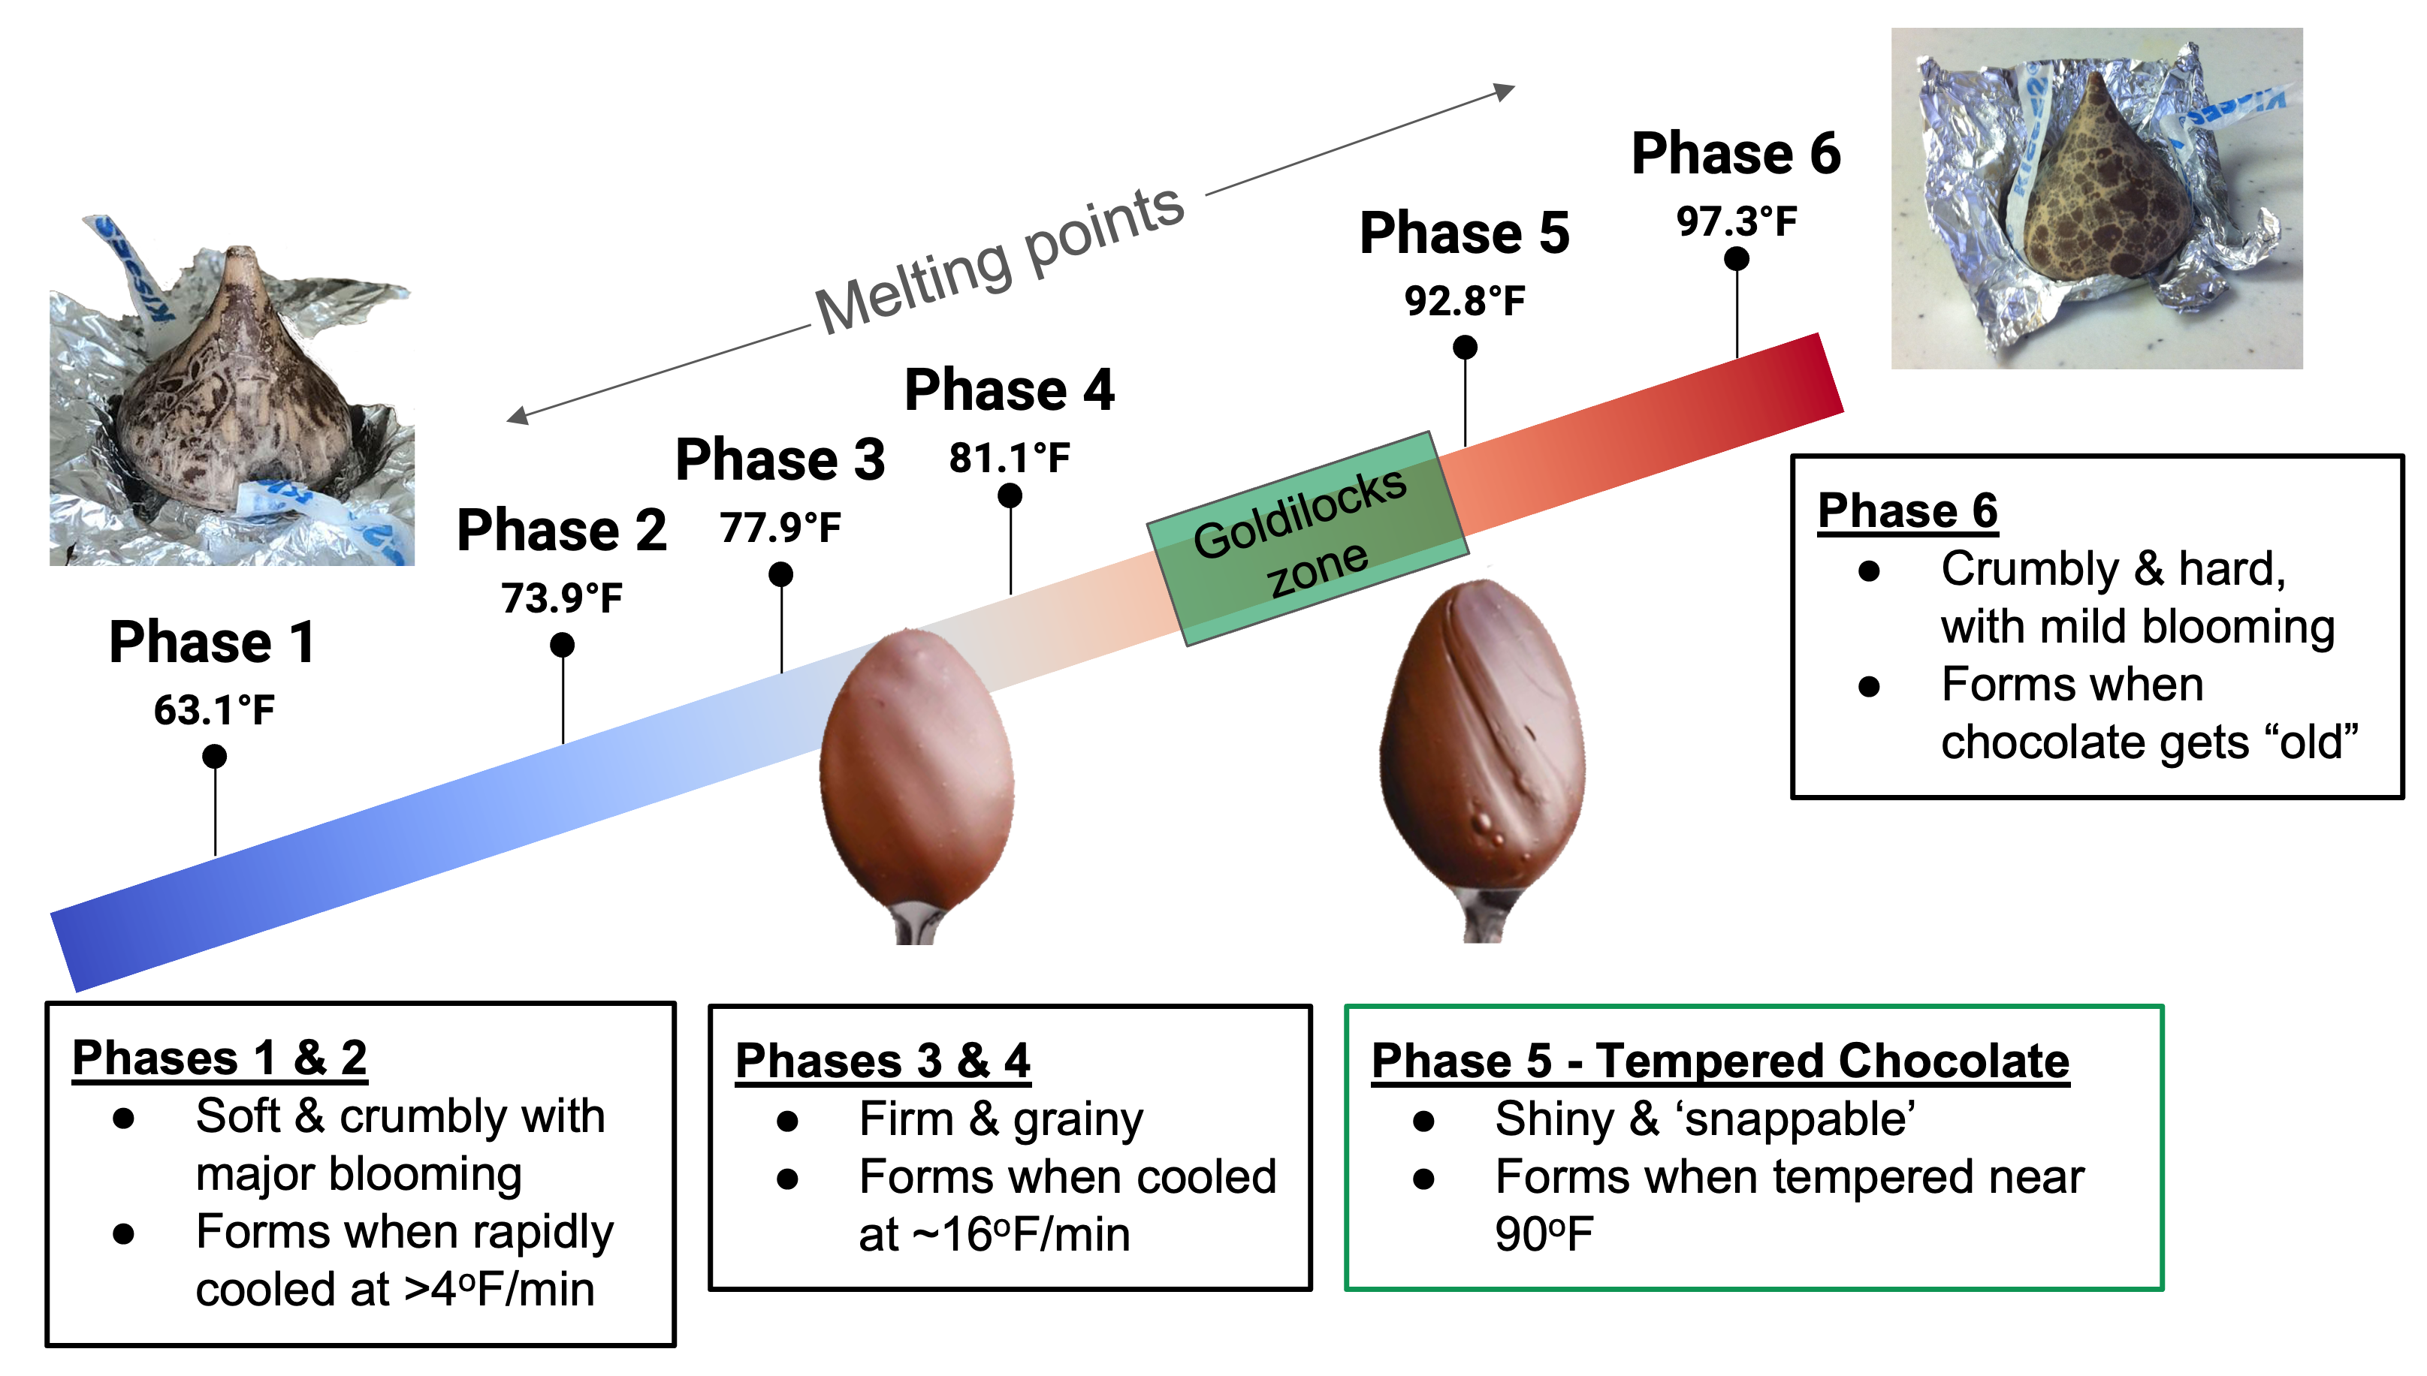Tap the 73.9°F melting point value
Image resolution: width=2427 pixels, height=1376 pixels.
tap(562, 598)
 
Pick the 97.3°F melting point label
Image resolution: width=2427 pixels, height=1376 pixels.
tap(1736, 222)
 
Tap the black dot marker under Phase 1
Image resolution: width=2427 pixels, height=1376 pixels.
tap(215, 756)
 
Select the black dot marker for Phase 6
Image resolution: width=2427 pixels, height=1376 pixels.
tap(1736, 259)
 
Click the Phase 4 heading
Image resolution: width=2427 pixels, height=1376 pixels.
tap(1009, 390)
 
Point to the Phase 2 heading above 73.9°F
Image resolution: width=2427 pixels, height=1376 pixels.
tap(562, 529)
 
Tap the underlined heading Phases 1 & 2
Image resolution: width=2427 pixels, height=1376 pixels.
tap(219, 1058)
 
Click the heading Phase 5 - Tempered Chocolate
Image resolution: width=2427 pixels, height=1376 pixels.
tap(1720, 1061)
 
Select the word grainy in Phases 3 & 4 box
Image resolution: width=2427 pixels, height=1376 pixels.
tap(1078, 1120)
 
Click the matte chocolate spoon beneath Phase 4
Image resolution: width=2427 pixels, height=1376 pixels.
tap(915, 775)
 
